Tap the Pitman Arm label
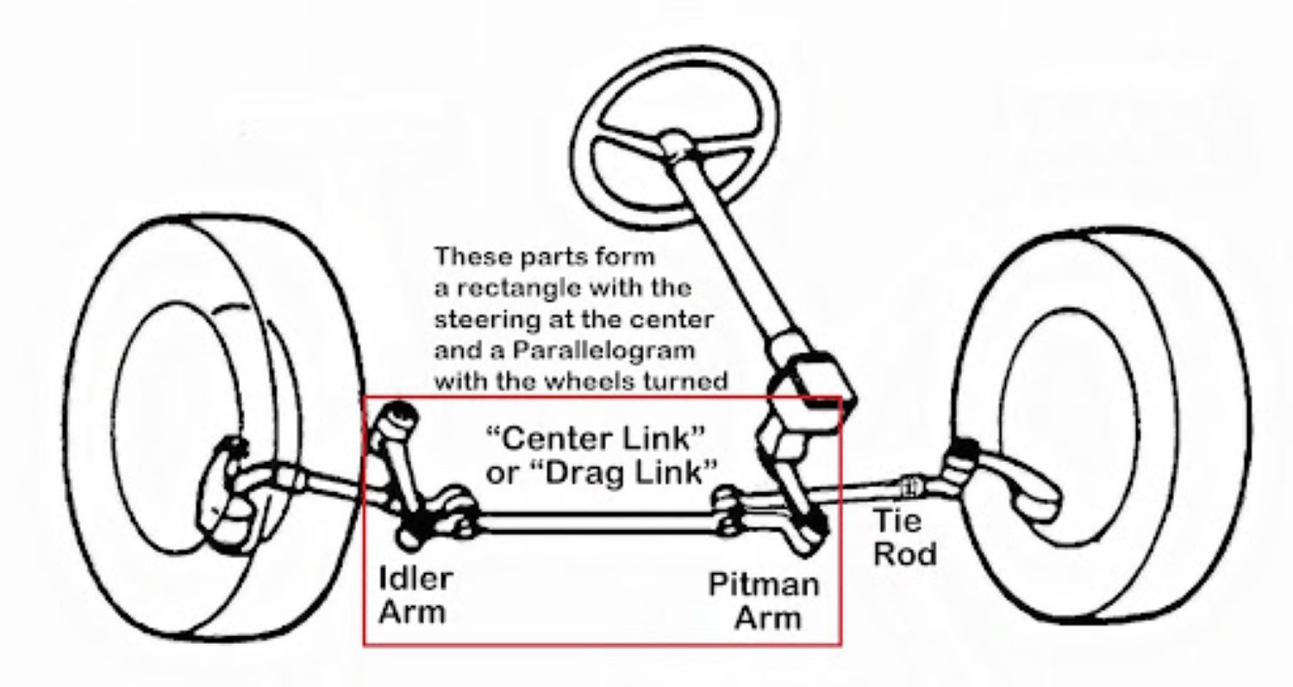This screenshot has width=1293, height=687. tap(764, 600)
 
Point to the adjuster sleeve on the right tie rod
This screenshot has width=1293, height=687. tap(909, 487)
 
